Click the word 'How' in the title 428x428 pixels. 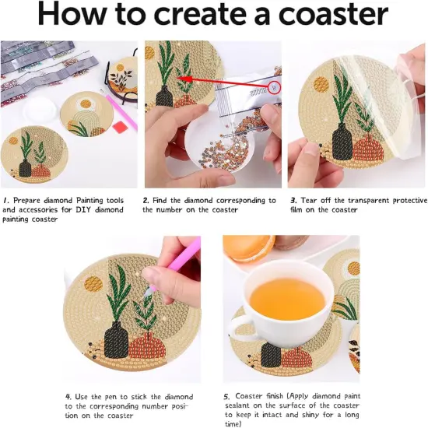click(x=73, y=13)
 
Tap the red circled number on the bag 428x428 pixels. click(x=274, y=87)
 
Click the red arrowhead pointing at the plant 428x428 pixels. click(x=184, y=79)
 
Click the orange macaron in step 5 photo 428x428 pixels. click(x=249, y=247)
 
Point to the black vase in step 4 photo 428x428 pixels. click(x=116, y=339)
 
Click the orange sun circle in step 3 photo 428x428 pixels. click(x=321, y=85)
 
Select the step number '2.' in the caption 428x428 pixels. click(x=146, y=201)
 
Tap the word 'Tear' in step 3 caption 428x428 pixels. click(x=309, y=201)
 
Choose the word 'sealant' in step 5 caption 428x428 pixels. click(x=237, y=405)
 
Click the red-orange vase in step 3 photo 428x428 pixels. click(x=368, y=150)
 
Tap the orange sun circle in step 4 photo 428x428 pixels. click(x=93, y=283)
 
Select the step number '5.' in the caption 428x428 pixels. click(x=227, y=397)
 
